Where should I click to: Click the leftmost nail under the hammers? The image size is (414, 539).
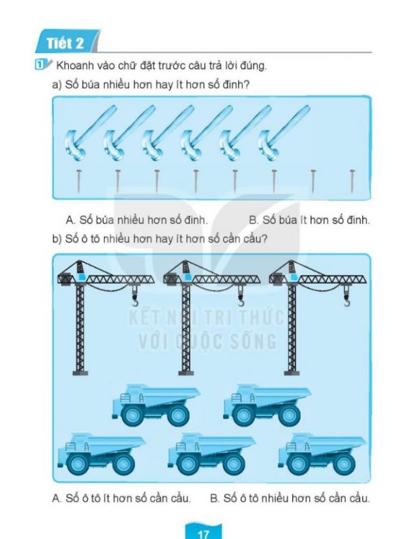click(x=79, y=181)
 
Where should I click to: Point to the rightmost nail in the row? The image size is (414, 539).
click(x=352, y=181)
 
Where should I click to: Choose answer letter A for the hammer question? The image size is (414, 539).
click(x=69, y=220)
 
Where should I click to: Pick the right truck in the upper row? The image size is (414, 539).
click(x=267, y=403)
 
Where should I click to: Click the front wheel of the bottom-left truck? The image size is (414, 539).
click(x=76, y=464)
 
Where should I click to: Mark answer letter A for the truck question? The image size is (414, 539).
click(x=57, y=499)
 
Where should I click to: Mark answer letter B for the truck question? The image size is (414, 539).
click(x=214, y=499)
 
